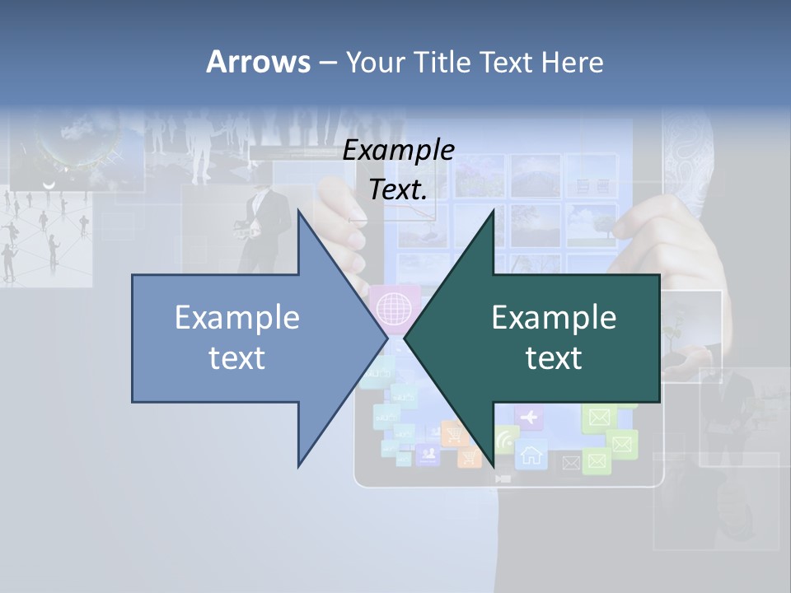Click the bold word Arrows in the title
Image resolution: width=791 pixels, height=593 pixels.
(258, 62)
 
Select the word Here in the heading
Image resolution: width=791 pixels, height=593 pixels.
(572, 62)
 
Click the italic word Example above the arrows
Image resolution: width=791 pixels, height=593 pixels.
(399, 150)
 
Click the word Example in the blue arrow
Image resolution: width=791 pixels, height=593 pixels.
(237, 318)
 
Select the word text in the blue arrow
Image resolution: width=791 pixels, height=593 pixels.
(237, 357)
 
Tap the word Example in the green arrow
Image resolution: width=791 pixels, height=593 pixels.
(554, 318)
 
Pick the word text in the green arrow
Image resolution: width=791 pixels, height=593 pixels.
(554, 357)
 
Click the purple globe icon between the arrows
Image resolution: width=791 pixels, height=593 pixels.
(393, 308)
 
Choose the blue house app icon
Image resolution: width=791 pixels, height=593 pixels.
(531, 454)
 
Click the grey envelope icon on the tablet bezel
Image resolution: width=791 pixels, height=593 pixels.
(569, 464)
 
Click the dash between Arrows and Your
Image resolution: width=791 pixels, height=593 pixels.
(327, 63)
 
